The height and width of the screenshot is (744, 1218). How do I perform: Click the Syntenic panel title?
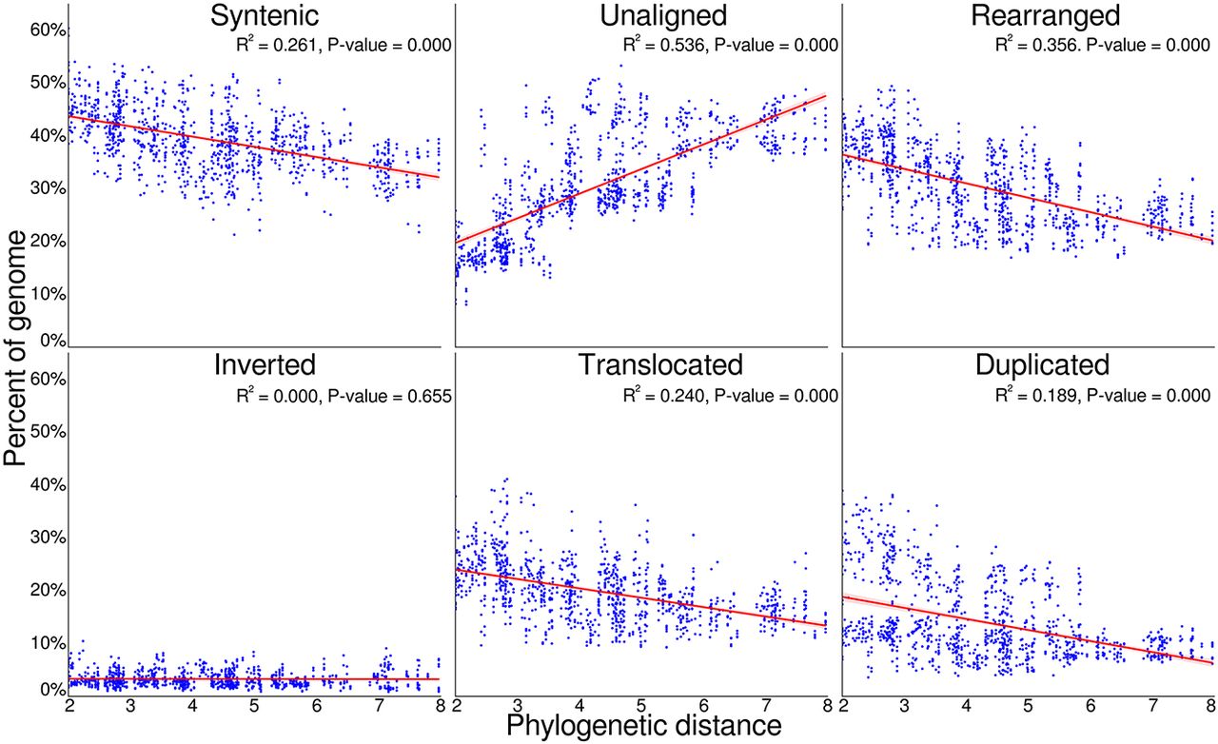coord(265,16)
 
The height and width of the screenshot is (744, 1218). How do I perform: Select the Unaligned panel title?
coord(663,16)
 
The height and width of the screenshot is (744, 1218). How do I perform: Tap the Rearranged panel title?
coord(1045,16)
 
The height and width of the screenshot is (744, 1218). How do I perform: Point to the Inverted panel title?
coord(265,364)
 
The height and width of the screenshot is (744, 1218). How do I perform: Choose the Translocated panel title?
coord(660,364)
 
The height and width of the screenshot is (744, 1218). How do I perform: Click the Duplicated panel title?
coord(1042,365)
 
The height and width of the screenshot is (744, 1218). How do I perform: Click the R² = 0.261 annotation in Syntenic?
coord(276,45)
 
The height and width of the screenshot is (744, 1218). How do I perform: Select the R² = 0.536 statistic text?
coord(663,45)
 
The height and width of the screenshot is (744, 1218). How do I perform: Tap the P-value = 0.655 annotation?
coord(389,396)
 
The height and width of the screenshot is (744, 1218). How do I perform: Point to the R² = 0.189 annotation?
coord(1035,395)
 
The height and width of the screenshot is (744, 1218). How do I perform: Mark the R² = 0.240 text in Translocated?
coord(663,396)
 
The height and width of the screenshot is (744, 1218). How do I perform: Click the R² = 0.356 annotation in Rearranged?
coord(1035,45)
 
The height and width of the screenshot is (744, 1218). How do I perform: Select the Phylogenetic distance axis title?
coord(644,726)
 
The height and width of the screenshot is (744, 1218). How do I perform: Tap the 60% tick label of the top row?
coord(48,29)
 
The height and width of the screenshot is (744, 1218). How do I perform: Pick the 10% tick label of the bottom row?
coord(48,643)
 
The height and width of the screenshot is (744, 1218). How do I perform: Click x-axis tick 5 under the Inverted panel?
coord(254,705)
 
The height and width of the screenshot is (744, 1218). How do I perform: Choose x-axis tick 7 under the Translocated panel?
coord(766,705)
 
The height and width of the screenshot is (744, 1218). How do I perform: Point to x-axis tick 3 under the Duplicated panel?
coord(904,705)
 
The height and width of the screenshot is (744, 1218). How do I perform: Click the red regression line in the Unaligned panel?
coord(641,169)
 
